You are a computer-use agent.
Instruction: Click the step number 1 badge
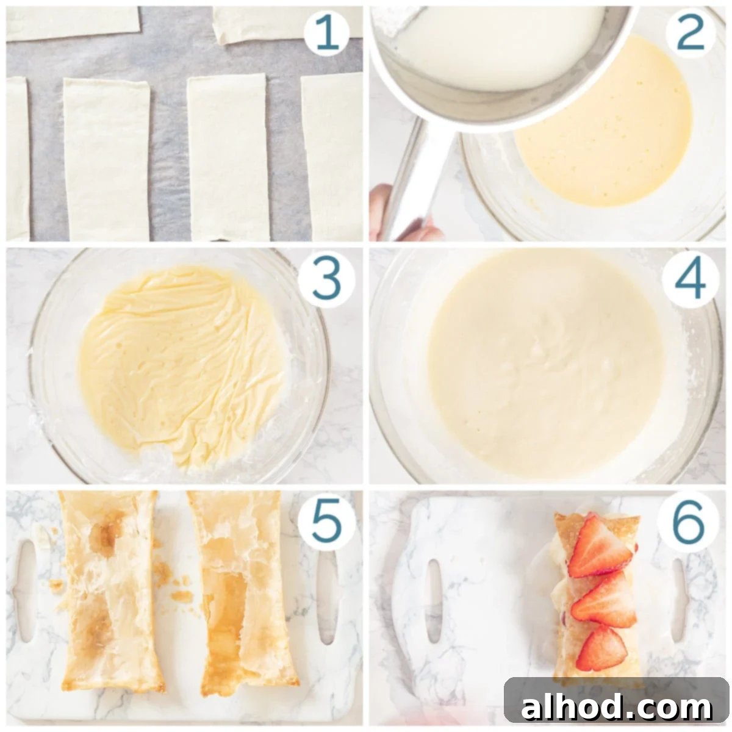point(326,34)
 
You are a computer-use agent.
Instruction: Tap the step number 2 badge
point(690,34)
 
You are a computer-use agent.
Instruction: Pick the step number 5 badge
point(326,521)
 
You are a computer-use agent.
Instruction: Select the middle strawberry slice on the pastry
point(605,605)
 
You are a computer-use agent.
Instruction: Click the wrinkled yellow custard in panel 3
point(182,365)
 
